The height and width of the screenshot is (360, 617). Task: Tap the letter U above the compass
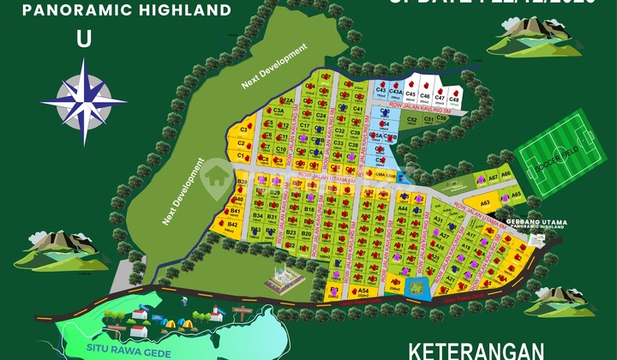[x=83, y=39]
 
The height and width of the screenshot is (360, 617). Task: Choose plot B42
[x=232, y=225]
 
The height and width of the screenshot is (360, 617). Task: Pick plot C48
[x=455, y=101]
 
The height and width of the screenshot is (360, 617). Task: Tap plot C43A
[x=396, y=92]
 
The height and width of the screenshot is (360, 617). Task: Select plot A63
[x=484, y=203]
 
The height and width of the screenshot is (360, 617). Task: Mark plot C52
[x=414, y=121]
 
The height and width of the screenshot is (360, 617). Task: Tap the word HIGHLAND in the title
[x=189, y=11]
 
